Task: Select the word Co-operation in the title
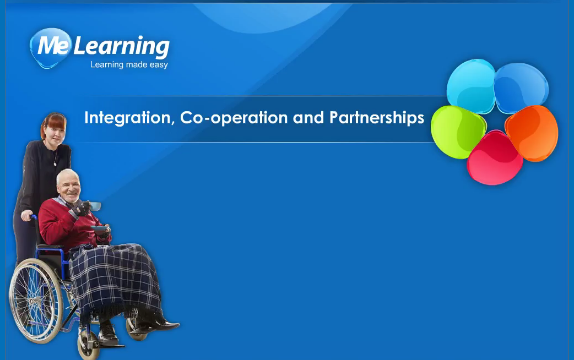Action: (234, 118)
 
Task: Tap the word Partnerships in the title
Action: (377, 118)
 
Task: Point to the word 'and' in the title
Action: (308, 118)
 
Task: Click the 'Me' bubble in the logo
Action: (50, 47)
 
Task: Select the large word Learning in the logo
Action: (122, 47)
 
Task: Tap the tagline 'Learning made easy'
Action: (129, 65)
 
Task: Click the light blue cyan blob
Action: (471, 86)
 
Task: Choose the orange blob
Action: (532, 133)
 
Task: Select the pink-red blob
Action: (495, 158)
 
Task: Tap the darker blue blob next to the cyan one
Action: (521, 88)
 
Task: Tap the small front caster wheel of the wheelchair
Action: (88, 345)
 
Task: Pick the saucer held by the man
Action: (100, 228)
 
